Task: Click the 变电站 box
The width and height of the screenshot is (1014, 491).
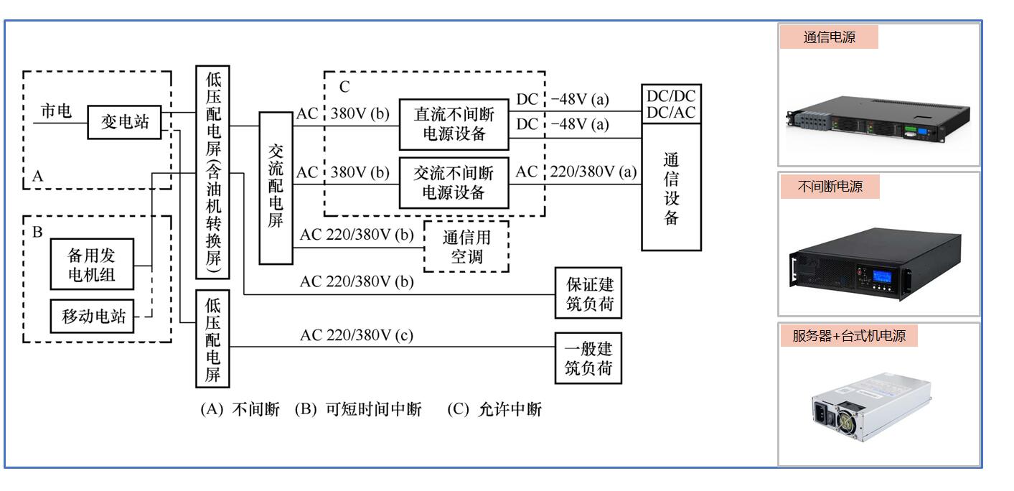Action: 124,122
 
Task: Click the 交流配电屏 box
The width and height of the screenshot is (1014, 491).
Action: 276,187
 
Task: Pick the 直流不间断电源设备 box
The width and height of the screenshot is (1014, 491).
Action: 454,123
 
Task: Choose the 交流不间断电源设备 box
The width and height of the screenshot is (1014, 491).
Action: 454,182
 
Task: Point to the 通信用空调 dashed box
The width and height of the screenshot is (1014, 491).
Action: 466,246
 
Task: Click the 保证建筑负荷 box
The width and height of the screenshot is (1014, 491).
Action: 588,293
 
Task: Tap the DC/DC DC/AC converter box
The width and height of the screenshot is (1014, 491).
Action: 671,105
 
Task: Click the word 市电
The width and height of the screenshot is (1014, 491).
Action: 55,112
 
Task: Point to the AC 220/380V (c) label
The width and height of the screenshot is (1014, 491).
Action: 357,335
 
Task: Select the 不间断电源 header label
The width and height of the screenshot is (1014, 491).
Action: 830,187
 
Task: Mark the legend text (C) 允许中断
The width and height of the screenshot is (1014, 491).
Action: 494,410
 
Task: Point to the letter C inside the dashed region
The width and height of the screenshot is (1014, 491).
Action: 344,87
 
